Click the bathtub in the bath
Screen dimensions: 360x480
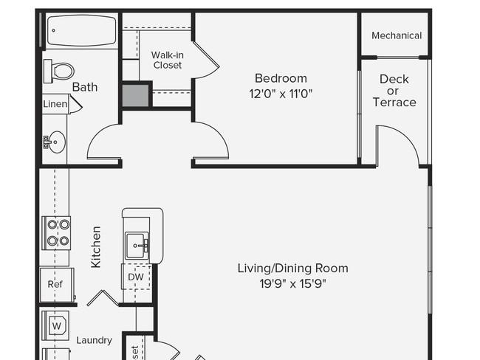tap(81, 31)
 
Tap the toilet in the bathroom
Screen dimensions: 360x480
tap(60, 72)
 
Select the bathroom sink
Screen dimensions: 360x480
tap(55, 142)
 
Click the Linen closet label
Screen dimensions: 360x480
tap(55, 104)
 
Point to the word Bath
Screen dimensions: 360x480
tap(85, 87)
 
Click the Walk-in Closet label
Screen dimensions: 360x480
tap(168, 60)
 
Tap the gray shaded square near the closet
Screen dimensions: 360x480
tap(136, 96)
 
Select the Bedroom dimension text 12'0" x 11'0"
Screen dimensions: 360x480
tap(280, 94)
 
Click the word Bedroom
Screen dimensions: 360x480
tap(281, 78)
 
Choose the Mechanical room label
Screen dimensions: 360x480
tap(397, 35)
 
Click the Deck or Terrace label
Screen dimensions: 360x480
tap(394, 91)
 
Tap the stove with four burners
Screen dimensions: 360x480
tap(56, 232)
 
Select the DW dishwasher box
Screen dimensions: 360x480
tap(136, 277)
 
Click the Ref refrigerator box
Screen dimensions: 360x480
tap(55, 284)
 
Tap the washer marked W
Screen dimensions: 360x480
tap(56, 324)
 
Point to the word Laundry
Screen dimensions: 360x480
tap(95, 340)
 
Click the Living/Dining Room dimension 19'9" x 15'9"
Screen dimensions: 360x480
tap(292, 283)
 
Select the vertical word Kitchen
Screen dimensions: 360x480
tap(95, 247)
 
